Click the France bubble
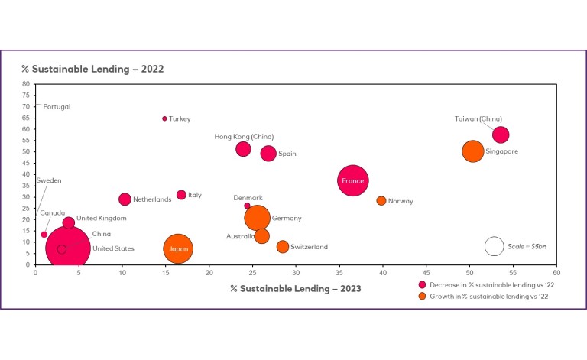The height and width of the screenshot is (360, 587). (x=353, y=181)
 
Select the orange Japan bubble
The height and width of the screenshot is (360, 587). (x=178, y=249)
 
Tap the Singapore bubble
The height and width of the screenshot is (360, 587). (x=474, y=151)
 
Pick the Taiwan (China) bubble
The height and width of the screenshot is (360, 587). (x=501, y=135)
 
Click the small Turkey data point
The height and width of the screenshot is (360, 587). (x=164, y=118)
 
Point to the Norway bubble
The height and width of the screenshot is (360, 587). (x=381, y=201)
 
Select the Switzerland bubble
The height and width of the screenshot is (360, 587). (x=283, y=247)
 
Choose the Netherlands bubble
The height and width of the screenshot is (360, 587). (x=125, y=199)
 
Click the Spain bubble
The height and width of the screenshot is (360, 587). (x=268, y=153)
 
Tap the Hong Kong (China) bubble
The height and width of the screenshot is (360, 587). (x=243, y=149)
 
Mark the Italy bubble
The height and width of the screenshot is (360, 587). (x=181, y=195)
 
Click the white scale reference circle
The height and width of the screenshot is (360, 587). (x=495, y=246)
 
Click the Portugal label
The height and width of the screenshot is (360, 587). (x=57, y=107)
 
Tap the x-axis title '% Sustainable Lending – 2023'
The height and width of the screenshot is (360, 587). (x=296, y=289)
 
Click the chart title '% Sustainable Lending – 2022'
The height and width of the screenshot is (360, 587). (x=92, y=69)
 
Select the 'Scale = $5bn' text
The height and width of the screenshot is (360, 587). (x=528, y=246)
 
